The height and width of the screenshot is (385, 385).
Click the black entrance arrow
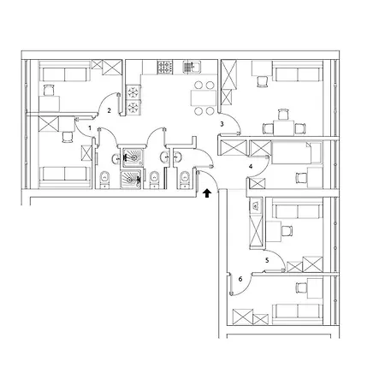(207, 193)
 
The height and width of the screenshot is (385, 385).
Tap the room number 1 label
(90, 128)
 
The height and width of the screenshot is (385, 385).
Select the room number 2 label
(109, 110)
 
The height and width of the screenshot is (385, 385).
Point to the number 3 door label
(222, 124)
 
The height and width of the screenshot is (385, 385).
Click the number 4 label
(251, 166)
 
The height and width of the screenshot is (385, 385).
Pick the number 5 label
(267, 260)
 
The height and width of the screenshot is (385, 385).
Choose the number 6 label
(240, 279)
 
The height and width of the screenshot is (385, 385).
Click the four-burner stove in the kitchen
(165, 68)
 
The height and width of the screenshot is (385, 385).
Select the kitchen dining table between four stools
(204, 98)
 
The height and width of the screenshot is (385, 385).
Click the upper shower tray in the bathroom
(133, 157)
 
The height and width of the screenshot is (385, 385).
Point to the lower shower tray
(131, 180)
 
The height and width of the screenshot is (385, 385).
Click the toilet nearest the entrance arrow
(185, 180)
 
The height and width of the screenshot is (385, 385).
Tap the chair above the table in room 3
(282, 115)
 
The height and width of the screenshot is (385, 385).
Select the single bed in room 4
(297, 153)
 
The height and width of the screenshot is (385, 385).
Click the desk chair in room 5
(287, 231)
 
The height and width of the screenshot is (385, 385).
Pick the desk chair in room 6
(301, 287)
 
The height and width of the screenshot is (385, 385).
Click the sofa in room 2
(65, 74)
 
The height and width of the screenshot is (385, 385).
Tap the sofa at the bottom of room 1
(64, 174)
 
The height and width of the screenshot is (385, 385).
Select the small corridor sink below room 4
(256, 205)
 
